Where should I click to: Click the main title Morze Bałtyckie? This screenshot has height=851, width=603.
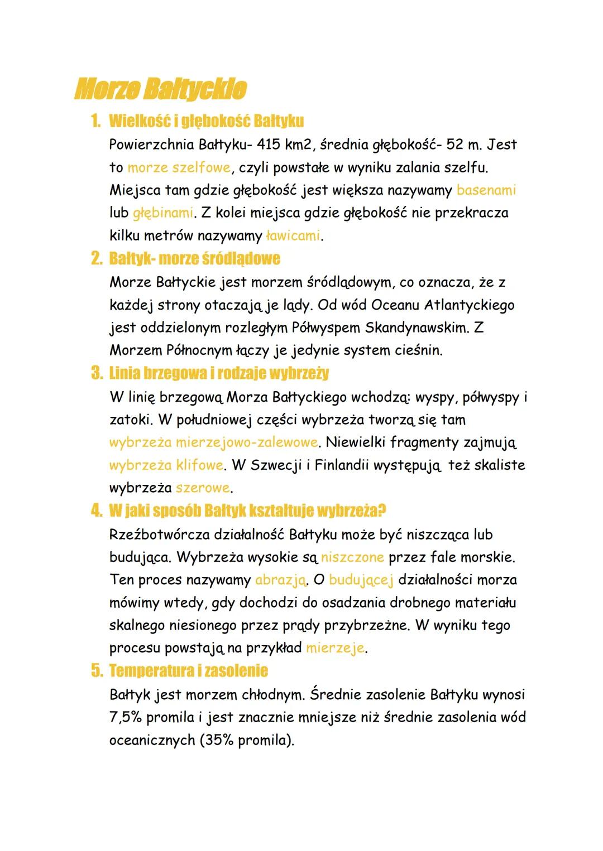click(x=160, y=90)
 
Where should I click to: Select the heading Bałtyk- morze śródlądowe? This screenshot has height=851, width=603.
click(x=194, y=258)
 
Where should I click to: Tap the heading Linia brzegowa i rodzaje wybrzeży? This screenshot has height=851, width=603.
click(x=219, y=373)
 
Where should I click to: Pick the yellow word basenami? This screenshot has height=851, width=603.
click(x=486, y=190)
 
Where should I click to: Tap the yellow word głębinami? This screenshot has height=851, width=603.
click(x=162, y=213)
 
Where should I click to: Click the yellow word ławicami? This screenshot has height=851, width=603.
click(x=293, y=236)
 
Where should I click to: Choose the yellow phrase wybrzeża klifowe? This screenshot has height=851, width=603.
click(x=166, y=465)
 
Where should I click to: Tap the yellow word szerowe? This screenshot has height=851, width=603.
click(x=202, y=488)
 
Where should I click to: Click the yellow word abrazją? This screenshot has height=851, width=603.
click(x=280, y=580)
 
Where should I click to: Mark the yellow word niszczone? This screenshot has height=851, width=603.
click(x=352, y=557)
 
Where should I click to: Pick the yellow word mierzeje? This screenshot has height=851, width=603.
click(x=335, y=648)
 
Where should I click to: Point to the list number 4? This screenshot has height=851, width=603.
click(x=96, y=511)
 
